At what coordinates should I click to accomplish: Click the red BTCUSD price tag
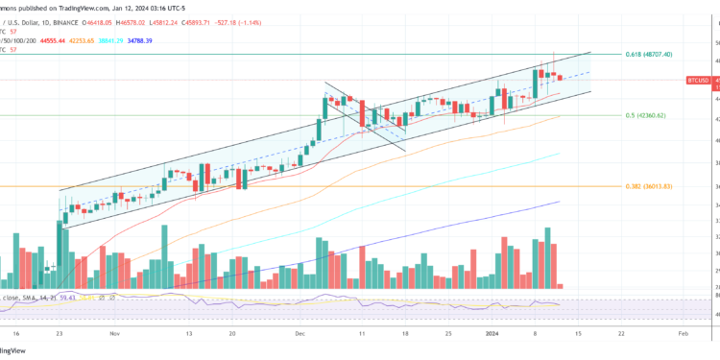698,83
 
